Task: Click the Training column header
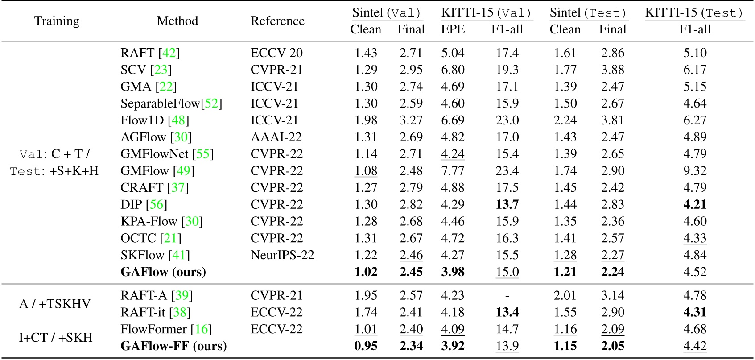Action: click(57, 21)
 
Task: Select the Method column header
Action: click(177, 21)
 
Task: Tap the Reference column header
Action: click(277, 21)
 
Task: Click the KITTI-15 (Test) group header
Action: click(694, 13)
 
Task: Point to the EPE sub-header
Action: click(453, 29)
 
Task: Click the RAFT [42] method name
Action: click(150, 53)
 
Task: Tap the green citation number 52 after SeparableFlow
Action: click(211, 103)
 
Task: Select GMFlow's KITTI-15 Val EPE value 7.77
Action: click(453, 171)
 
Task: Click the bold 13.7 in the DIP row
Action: click(507, 204)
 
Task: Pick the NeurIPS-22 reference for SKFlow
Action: click(282, 255)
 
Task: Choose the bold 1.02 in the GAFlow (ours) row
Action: click(366, 272)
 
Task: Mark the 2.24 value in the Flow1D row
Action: click(565, 120)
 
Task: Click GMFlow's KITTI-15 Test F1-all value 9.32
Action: click(695, 171)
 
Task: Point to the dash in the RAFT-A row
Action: click(507, 296)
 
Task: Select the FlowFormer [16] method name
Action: click(166, 329)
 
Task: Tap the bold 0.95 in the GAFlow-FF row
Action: click(366, 346)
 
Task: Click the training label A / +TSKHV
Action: click(55, 304)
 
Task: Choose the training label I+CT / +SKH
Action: click(55, 337)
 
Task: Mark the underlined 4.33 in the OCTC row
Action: click(695, 238)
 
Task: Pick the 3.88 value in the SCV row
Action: click(612, 70)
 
